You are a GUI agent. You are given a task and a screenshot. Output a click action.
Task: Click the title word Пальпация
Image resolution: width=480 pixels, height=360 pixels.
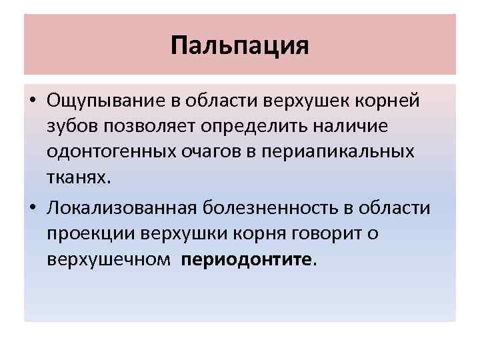[240, 45]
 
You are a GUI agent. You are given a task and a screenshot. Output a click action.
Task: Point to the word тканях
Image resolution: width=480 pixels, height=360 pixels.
[75, 176]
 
